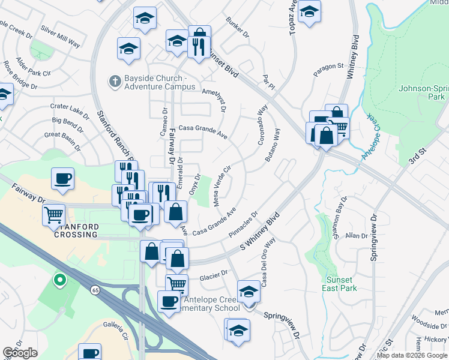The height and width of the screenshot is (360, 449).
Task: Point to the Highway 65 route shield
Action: tap(95, 290)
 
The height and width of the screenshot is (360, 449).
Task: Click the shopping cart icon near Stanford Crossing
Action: tap(54, 215)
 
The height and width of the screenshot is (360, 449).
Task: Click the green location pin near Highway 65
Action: tap(59, 280)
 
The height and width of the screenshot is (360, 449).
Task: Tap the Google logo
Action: tap(20, 353)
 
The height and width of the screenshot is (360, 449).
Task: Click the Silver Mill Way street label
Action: tap(61, 36)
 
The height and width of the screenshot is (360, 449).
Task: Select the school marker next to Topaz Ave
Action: tap(309, 12)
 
